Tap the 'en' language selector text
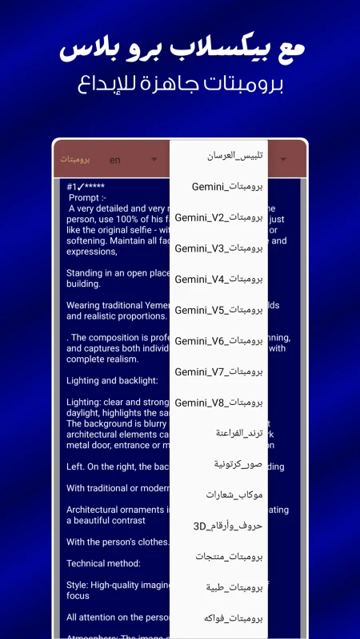click(115, 160)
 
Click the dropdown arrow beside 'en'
click(154, 160)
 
